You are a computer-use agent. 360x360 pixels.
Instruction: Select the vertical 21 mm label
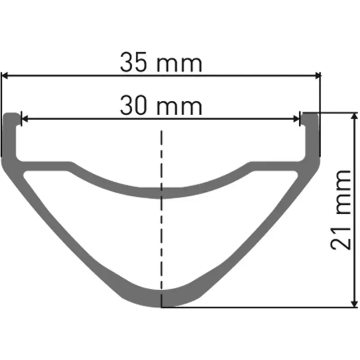pos(340,209)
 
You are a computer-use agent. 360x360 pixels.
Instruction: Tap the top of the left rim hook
pos(12,115)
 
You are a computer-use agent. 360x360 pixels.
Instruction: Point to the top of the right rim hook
pos(310,115)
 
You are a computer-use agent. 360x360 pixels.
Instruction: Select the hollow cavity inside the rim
pos(162,238)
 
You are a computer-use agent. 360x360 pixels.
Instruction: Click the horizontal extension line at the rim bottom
pos(270,308)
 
